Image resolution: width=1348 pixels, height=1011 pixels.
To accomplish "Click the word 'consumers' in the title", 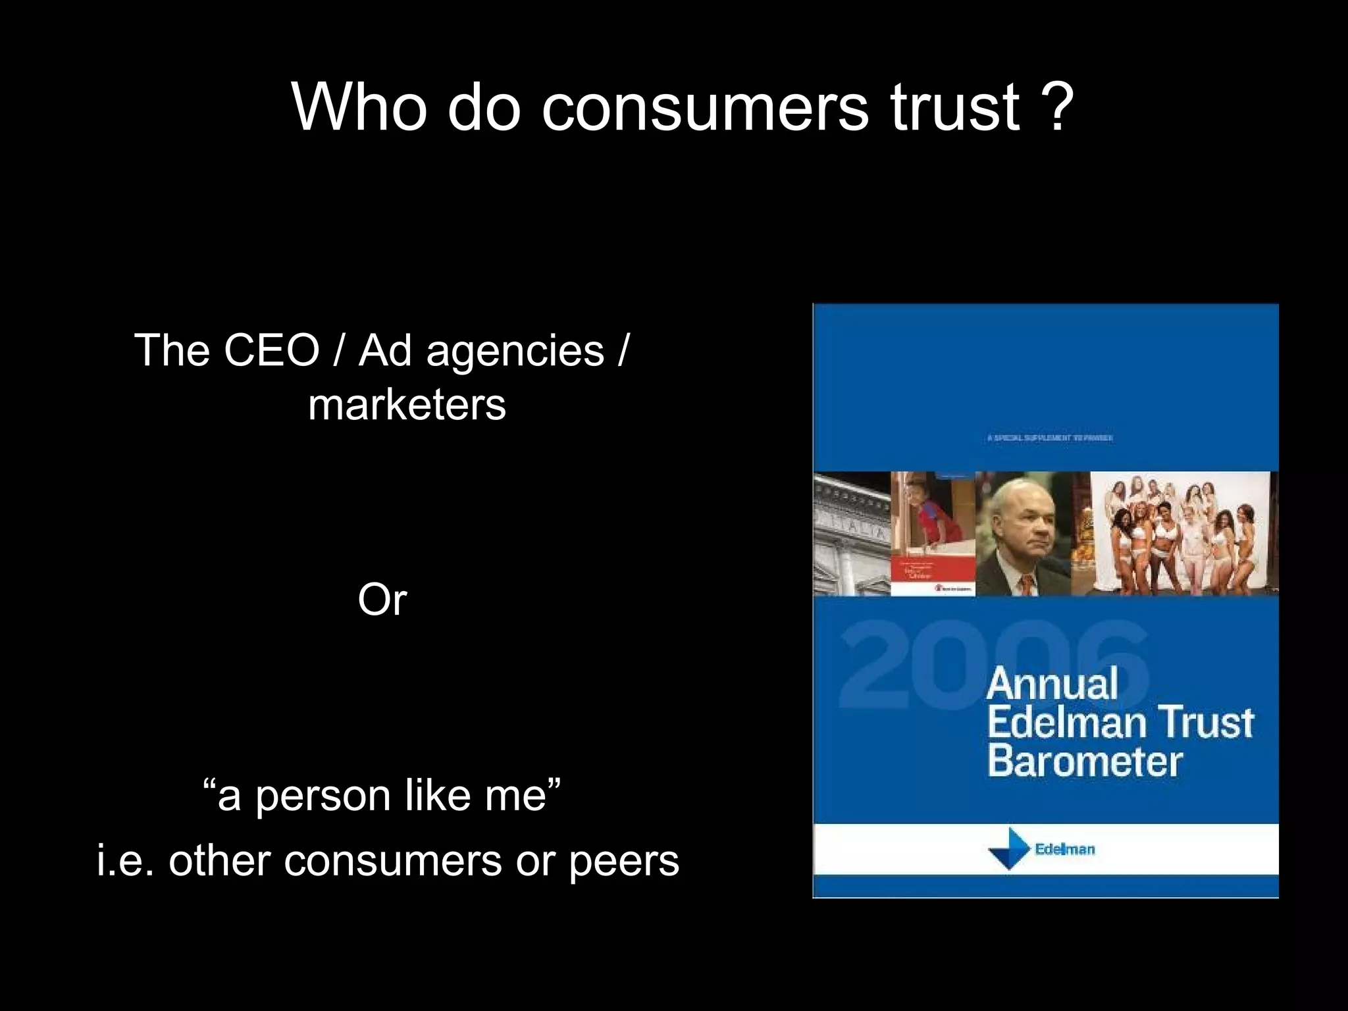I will coord(704,107).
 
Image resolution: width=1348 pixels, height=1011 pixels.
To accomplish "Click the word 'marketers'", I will coord(407,404).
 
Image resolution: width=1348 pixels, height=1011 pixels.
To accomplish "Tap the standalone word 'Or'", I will coord(382,600).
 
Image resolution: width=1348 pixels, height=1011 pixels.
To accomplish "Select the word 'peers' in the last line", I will coord(623,862).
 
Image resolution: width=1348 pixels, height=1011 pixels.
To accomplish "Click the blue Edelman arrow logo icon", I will coord(1009,849).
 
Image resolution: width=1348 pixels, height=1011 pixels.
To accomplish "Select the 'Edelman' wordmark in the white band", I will coord(1064,849).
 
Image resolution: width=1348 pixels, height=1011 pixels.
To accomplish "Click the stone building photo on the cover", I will coord(852,534).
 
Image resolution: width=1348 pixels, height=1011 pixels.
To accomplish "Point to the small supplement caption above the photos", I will coord(1050,438).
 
